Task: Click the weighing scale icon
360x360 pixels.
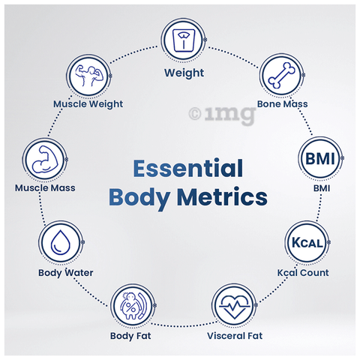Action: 184,40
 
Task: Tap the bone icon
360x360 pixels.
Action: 281,75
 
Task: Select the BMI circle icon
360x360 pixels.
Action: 320,158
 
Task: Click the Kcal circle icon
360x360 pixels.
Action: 307,242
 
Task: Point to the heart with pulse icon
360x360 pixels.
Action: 234,306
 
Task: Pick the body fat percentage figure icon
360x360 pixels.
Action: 133,305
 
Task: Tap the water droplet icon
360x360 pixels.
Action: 61,242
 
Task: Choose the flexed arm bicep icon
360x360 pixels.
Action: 45,159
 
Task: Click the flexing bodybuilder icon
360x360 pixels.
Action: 89,76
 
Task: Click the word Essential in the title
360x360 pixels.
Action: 188,168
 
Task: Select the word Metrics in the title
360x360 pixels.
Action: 222,197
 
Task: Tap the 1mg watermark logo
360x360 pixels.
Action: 222,115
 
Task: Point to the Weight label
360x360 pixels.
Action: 184,73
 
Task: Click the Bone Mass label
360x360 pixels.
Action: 282,103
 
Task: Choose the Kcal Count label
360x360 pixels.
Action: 303,272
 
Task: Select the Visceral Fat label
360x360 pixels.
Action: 235,336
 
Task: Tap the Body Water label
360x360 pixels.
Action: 66,272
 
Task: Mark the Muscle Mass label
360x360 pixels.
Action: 45,187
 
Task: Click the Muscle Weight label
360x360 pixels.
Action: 88,104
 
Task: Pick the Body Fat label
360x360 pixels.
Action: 130,336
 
